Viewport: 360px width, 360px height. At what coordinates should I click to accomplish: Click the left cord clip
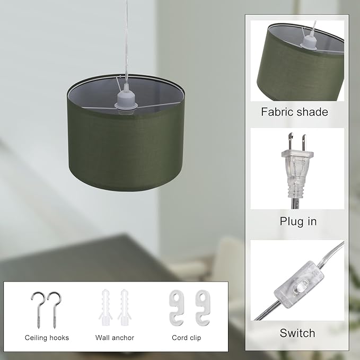(x=175, y=308)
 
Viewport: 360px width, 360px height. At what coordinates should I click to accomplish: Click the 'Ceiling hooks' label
(x=47, y=337)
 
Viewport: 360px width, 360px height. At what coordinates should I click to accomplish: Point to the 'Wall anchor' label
(x=115, y=337)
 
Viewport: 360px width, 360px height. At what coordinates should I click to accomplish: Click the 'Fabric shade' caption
(x=294, y=112)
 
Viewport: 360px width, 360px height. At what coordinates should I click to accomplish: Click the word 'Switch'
(x=297, y=333)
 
